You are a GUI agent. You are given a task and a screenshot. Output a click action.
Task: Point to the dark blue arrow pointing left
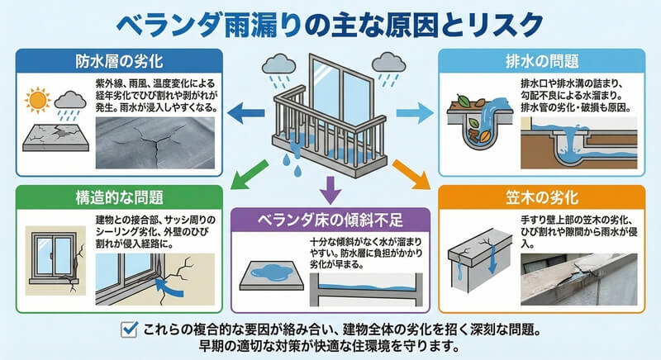(246, 111)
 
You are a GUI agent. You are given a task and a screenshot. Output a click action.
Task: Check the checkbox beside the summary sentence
(128, 330)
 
